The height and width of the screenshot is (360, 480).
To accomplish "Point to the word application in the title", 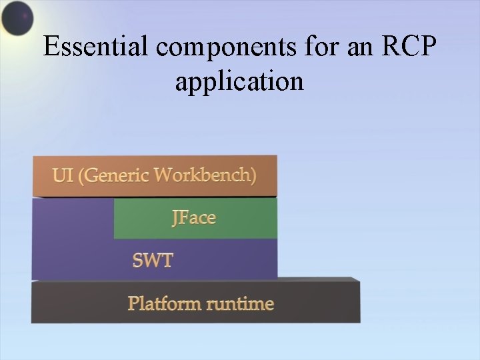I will pyautogui.click(x=239, y=81).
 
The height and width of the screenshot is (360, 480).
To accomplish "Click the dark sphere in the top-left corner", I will pyautogui.click(x=17, y=18).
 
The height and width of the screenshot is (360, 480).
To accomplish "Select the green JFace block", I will pyautogui.click(x=195, y=219).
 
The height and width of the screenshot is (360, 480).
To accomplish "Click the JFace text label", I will pyautogui.click(x=194, y=218).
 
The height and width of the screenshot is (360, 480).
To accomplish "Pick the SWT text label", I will pyautogui.click(x=152, y=260).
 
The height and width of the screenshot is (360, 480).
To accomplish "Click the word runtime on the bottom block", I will pyautogui.click(x=240, y=304).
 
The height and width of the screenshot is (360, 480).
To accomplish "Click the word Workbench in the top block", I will pyautogui.click(x=204, y=175).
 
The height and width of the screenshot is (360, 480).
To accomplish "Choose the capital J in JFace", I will pyautogui.click(x=175, y=219).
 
